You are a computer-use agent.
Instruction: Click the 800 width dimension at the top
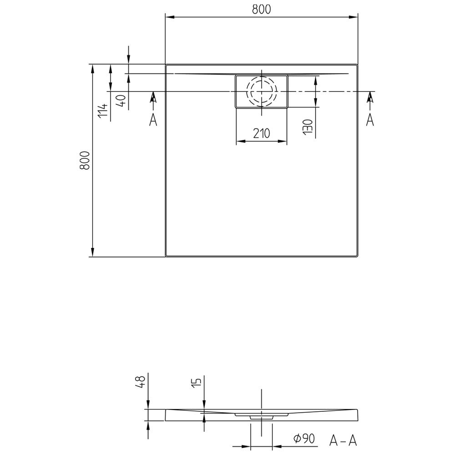[x=261, y=9]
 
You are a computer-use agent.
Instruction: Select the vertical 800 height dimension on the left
[x=85, y=160]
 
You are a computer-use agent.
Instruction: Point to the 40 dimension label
[x=121, y=101]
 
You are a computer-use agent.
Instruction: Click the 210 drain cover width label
[x=262, y=133]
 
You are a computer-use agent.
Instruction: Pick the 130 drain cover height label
[x=307, y=126]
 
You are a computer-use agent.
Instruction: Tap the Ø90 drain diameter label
[x=304, y=438]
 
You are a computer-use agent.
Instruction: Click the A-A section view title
[x=343, y=440]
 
